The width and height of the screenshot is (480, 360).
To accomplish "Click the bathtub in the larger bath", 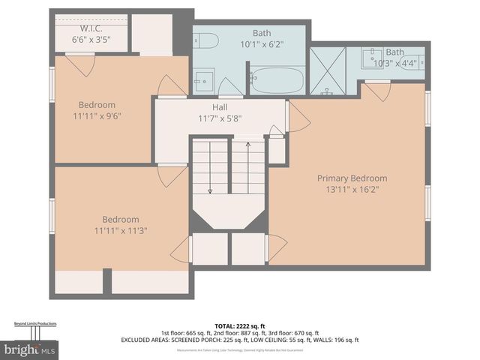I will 277,80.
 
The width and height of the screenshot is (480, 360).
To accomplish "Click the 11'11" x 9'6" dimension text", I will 97,116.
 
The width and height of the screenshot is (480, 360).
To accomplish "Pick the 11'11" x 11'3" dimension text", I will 119,230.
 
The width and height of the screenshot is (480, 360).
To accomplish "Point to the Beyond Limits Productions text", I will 35,323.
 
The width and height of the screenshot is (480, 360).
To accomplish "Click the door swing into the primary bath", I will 377,91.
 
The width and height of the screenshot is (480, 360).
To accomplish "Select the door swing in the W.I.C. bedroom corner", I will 85,64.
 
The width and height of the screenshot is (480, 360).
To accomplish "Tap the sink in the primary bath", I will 372,56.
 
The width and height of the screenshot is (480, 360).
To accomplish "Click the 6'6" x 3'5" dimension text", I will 91,38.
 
